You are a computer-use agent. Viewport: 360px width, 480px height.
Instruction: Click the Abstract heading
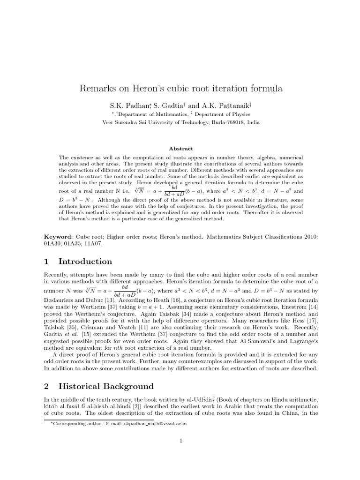180,148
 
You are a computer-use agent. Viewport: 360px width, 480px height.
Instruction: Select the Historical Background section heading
106,386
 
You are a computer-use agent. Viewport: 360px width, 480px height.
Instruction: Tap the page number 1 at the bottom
180,441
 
